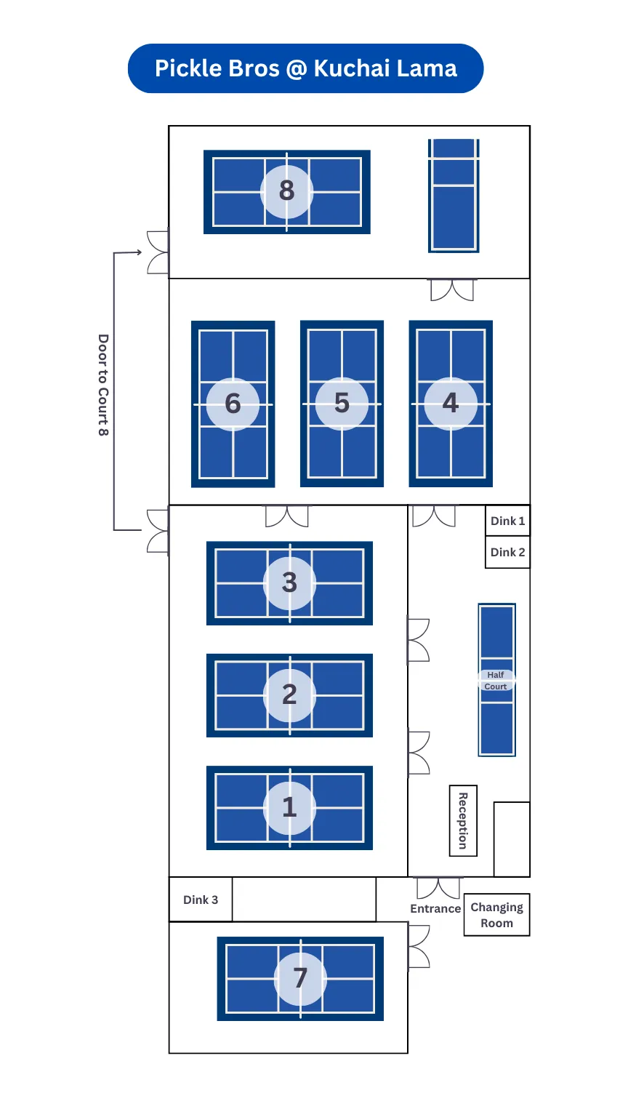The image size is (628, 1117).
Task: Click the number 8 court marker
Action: (286, 191)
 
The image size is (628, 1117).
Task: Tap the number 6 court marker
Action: (233, 404)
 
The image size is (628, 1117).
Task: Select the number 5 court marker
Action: (342, 404)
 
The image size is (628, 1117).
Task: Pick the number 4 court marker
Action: (451, 404)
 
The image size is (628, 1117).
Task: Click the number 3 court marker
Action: (289, 582)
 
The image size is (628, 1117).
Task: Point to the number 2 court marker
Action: (289, 695)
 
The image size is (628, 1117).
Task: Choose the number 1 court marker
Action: (289, 807)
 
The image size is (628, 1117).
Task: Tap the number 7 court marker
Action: (300, 978)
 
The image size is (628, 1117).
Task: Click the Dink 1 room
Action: (507, 521)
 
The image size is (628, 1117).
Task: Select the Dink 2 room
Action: (507, 552)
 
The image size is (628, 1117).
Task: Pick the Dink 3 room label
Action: (201, 900)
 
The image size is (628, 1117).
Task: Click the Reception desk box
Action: (463, 820)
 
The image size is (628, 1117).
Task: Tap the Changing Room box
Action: (497, 915)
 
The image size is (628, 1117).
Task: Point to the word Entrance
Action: (435, 909)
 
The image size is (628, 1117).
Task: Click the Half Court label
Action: (496, 681)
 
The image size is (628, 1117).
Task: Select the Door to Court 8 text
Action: (103, 385)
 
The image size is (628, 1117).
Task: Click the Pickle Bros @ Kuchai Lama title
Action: (305, 68)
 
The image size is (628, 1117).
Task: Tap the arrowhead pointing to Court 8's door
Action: (138, 252)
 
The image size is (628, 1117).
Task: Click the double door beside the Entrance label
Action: (438, 888)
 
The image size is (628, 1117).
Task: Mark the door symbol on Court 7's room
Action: (419, 947)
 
